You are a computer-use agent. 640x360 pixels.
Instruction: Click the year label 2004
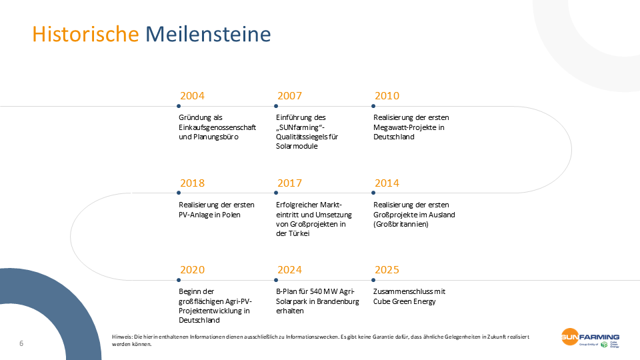(x=192, y=96)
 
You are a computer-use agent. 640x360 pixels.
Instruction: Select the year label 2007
(x=289, y=96)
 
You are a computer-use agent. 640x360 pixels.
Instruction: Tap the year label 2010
(x=387, y=96)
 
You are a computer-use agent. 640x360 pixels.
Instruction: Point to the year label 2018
(x=192, y=183)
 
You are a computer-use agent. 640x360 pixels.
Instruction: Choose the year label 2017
(x=289, y=183)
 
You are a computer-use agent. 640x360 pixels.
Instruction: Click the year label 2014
(x=387, y=183)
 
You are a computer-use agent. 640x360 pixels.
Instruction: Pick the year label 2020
(x=192, y=270)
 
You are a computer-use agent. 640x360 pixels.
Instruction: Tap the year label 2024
(x=289, y=270)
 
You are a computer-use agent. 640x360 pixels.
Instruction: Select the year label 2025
(x=387, y=270)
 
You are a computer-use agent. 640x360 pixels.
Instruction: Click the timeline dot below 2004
(x=179, y=106)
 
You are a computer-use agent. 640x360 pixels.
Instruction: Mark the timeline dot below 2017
(x=276, y=193)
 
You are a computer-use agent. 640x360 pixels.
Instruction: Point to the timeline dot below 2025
(x=373, y=279)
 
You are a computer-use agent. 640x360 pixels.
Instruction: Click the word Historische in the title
(x=86, y=34)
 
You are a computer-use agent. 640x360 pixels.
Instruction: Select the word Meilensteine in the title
(x=208, y=34)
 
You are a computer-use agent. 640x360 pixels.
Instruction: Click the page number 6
(x=21, y=343)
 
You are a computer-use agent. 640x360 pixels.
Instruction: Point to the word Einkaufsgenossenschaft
(x=217, y=127)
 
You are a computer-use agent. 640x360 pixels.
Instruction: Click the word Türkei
(x=297, y=234)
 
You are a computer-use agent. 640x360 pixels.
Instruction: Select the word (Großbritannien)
(x=401, y=224)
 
